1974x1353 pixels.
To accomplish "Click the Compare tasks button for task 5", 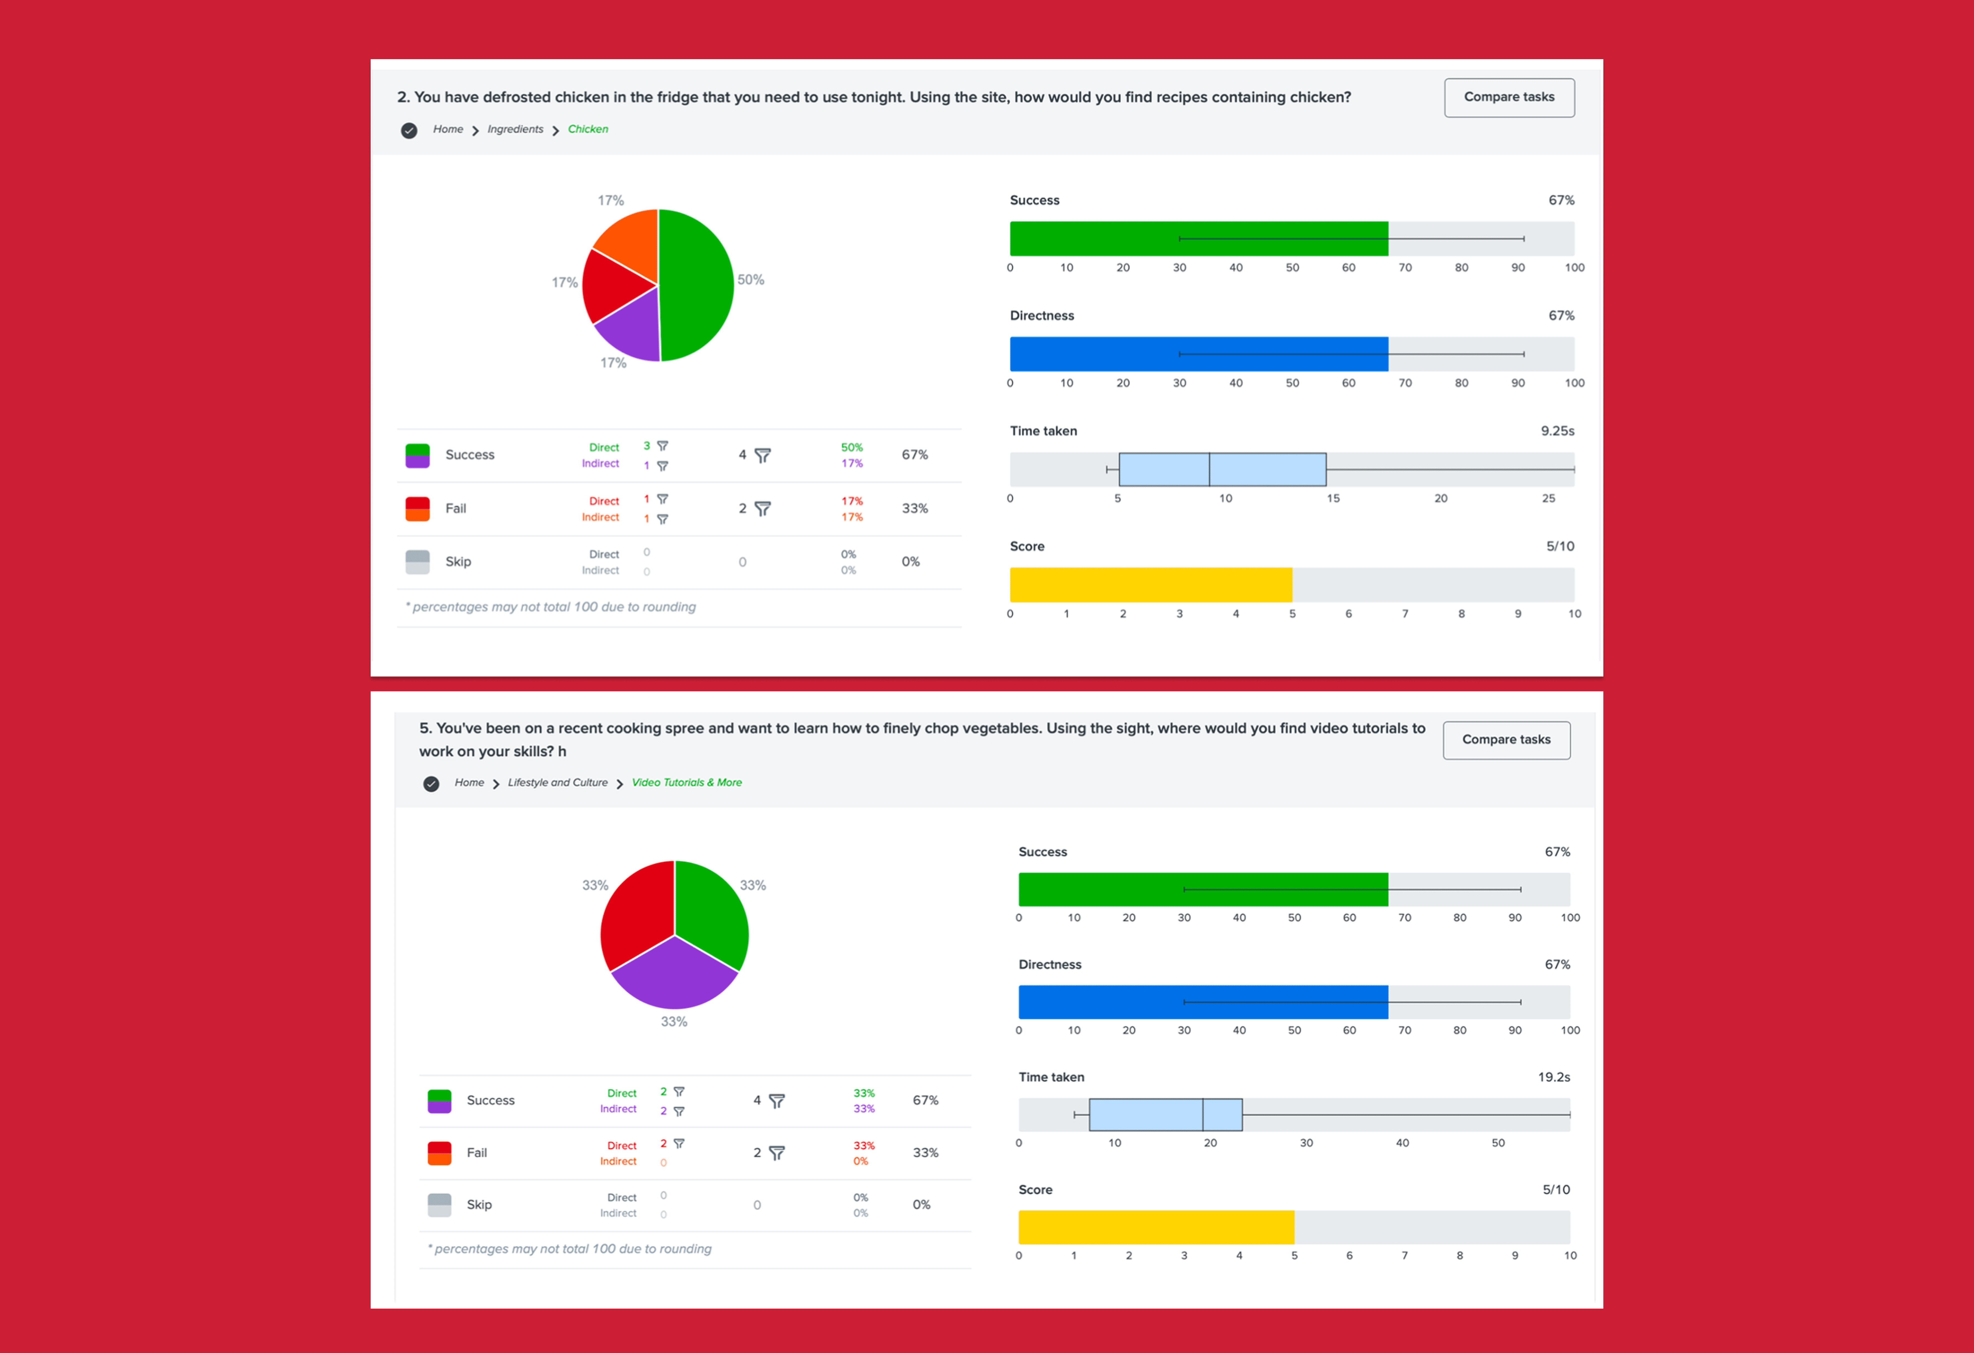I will click(1506, 740).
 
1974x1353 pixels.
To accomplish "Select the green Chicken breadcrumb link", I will click(588, 129).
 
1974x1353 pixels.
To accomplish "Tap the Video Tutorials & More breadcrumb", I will click(686, 782).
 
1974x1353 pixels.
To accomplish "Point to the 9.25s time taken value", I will click(1557, 431).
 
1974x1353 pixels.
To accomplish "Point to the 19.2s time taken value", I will click(1554, 1077).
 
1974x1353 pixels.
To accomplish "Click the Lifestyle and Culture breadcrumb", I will click(557, 782).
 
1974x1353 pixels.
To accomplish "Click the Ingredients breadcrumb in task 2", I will click(515, 129).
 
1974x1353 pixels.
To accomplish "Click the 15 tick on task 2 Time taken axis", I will click(1333, 499).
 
